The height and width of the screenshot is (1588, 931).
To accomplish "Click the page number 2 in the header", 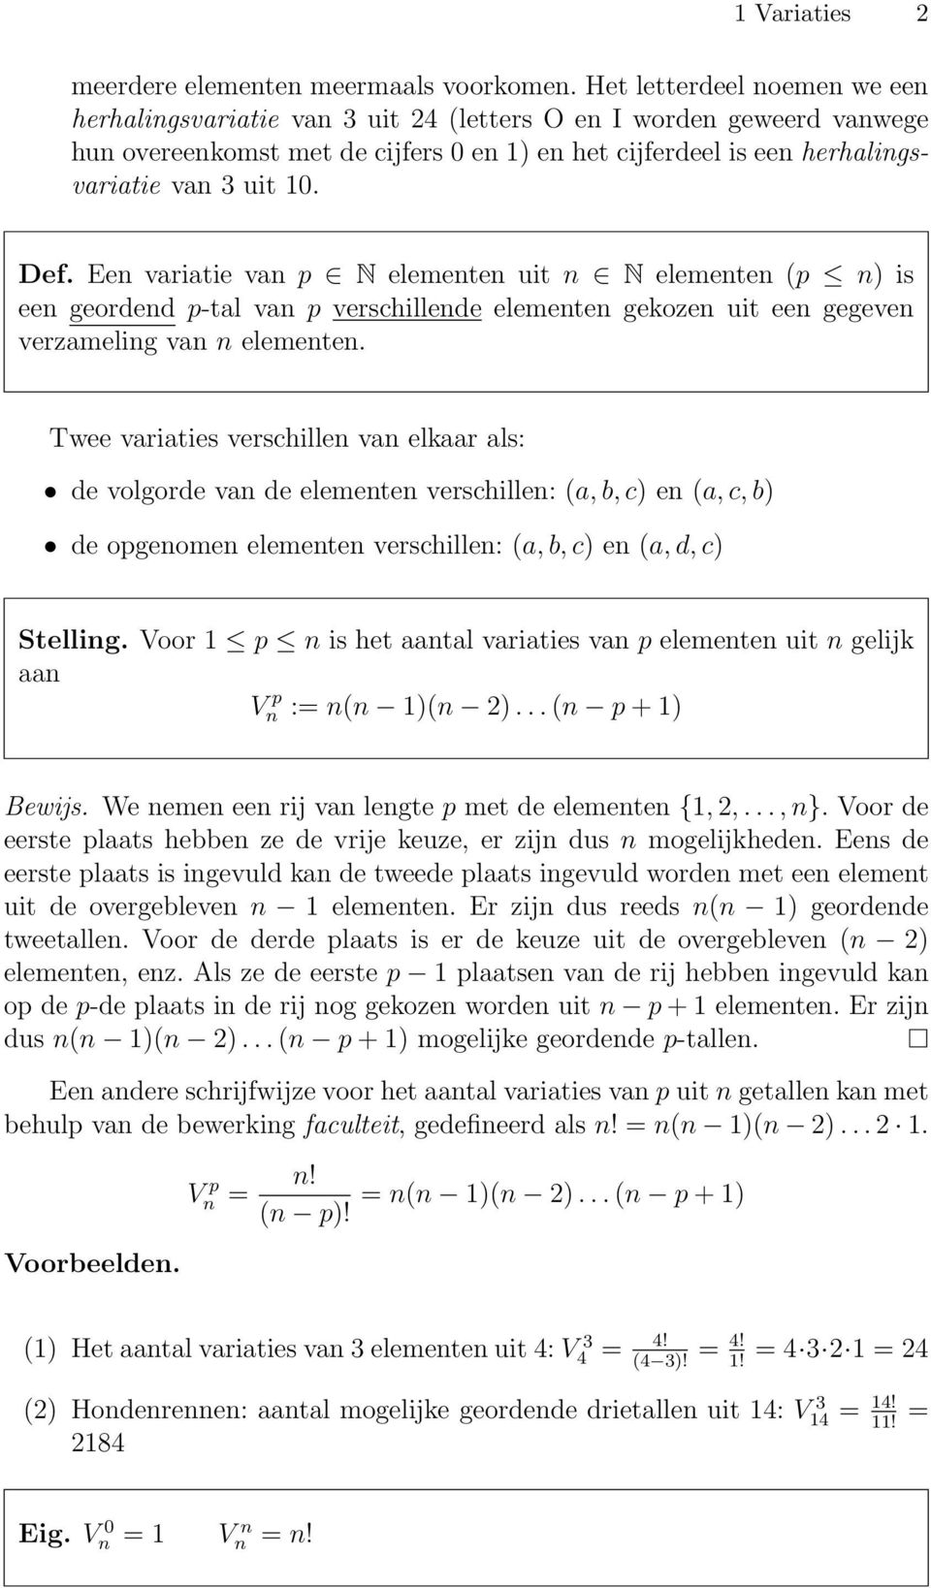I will (917, 14).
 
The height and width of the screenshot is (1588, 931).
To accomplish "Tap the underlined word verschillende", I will (406, 309).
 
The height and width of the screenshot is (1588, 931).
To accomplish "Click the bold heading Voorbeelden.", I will (92, 1263).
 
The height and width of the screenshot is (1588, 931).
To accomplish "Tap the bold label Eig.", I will (44, 1535).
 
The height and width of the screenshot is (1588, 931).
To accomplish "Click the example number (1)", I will (40, 1349).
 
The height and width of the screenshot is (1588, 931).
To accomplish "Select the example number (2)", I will (40, 1410).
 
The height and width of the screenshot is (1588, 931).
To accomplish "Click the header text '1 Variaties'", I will (792, 14).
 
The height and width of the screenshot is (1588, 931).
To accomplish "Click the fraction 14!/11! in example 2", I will (883, 1412).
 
